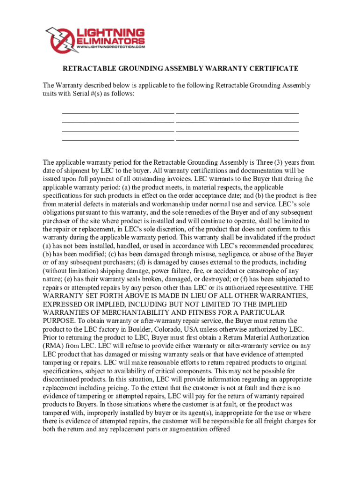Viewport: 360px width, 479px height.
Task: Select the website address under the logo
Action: tap(110, 47)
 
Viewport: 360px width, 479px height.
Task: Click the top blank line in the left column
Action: tap(118, 114)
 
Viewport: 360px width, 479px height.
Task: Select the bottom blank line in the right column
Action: tap(237, 140)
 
